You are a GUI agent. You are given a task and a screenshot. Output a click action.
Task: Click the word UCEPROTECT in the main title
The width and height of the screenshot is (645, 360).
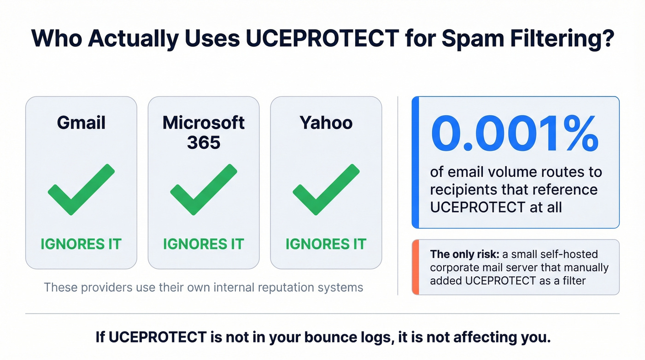pyautogui.click(x=320, y=39)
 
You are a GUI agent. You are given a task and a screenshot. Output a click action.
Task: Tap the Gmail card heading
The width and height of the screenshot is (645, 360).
pyautogui.click(x=81, y=123)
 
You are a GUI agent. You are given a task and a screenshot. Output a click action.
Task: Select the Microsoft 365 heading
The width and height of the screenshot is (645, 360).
pyautogui.click(x=204, y=132)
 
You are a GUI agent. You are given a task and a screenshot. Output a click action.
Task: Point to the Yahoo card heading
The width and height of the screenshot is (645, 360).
pyautogui.click(x=326, y=123)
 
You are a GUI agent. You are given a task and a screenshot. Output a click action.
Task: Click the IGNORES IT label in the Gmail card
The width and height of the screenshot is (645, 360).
pyautogui.click(x=81, y=244)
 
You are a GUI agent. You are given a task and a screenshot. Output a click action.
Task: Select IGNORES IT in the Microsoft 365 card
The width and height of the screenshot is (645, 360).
pyautogui.click(x=204, y=244)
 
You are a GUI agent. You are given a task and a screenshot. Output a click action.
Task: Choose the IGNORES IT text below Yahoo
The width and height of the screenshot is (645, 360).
pyautogui.click(x=326, y=244)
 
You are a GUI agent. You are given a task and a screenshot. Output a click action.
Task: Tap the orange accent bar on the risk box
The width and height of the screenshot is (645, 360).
pyautogui.click(x=415, y=267)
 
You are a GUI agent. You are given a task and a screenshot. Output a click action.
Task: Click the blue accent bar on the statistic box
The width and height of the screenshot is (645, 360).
pyautogui.click(x=415, y=162)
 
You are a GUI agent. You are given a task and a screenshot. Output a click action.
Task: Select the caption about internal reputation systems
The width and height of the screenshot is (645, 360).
pyautogui.click(x=203, y=288)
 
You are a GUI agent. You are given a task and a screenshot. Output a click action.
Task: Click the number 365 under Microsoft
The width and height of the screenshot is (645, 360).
pyautogui.click(x=204, y=142)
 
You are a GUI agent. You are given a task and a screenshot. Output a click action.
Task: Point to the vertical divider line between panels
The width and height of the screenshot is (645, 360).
pyautogui.click(x=398, y=195)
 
